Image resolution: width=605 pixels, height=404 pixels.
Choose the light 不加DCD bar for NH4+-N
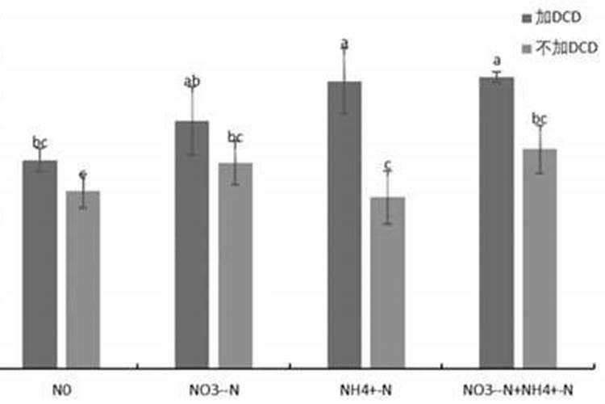[x=387, y=282]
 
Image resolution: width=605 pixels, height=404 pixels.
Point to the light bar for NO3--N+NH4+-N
[x=540, y=258]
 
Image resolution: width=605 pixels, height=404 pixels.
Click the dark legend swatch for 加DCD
[x=527, y=17]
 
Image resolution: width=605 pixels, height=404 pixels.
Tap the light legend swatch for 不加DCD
[x=527, y=48]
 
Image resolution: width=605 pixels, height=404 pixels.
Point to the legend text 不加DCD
[x=568, y=48]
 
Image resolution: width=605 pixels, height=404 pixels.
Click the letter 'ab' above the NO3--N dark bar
[x=192, y=82]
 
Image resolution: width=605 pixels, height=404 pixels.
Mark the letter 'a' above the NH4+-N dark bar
[x=344, y=44]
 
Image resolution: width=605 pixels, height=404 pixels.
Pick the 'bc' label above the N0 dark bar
[x=40, y=142]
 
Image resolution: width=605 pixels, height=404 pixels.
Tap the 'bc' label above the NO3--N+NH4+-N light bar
[x=540, y=120]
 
